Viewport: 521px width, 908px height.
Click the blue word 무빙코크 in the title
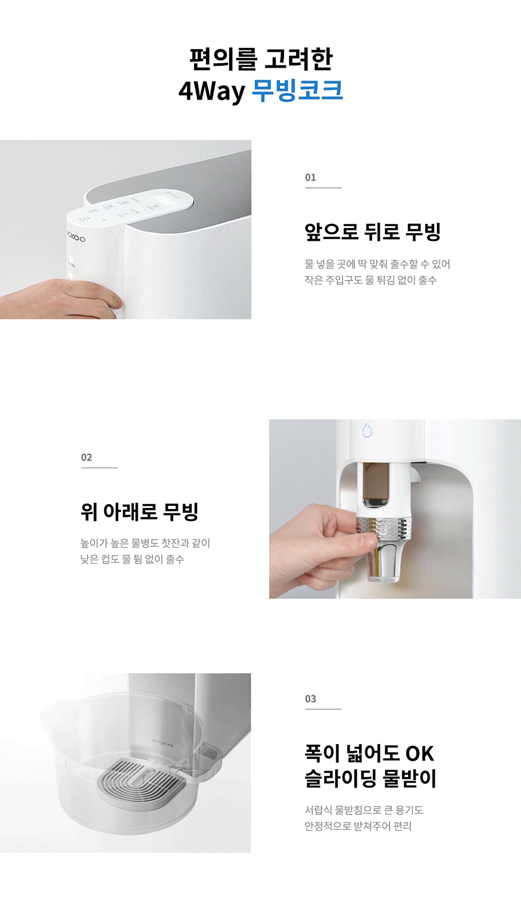[x=298, y=90]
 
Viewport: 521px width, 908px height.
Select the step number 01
[x=311, y=178]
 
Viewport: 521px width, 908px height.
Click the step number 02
[x=87, y=457]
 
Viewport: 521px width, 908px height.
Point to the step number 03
[x=311, y=699]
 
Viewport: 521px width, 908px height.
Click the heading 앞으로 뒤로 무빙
[x=373, y=231]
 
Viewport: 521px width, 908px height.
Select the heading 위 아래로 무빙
[x=140, y=511]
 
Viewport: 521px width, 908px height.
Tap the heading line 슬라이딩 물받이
[x=370, y=778]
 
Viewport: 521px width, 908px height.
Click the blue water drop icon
[x=367, y=431]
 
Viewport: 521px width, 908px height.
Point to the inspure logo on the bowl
[x=163, y=742]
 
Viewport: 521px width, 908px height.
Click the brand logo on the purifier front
[x=75, y=238]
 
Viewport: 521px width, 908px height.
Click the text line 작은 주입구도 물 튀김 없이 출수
[x=370, y=280]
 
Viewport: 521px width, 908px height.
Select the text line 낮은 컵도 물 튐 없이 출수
[x=132, y=559]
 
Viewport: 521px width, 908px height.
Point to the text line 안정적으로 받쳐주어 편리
[x=358, y=826]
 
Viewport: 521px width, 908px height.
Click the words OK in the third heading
[x=419, y=753]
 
